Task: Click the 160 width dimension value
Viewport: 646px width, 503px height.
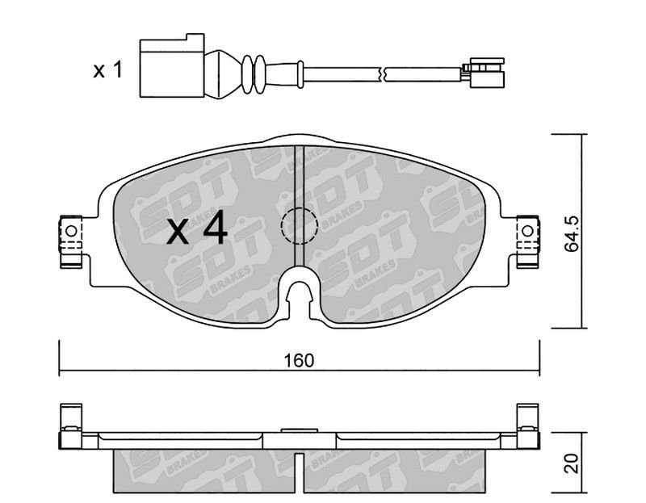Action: point(299,360)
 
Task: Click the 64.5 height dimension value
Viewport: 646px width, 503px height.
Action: point(572,234)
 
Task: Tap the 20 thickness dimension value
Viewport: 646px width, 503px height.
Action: point(572,463)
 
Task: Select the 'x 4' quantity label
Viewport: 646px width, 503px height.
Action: point(197,228)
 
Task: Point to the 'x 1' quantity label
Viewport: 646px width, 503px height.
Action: point(108,69)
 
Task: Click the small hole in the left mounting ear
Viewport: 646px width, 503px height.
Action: point(71,231)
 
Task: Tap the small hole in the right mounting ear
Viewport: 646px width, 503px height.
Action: point(527,231)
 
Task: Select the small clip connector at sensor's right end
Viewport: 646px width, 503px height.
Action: point(484,73)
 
